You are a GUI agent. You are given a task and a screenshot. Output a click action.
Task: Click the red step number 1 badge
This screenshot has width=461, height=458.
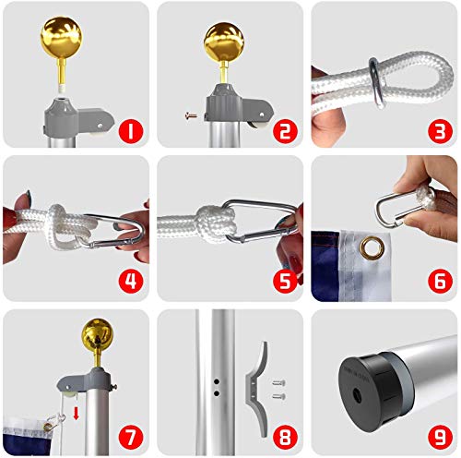(x=131, y=131)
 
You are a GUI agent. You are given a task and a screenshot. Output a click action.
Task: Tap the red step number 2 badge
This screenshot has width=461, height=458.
(x=285, y=131)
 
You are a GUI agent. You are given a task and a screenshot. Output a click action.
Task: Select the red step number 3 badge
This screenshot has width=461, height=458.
(x=440, y=131)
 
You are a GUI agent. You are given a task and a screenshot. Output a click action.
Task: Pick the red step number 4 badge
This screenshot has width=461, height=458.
(x=131, y=281)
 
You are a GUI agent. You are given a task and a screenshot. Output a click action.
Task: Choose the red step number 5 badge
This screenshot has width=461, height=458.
(x=285, y=281)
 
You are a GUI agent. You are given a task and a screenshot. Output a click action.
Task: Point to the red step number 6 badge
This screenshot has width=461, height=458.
(x=440, y=281)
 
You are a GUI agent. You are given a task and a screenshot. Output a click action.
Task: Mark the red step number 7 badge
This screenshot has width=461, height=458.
(x=131, y=437)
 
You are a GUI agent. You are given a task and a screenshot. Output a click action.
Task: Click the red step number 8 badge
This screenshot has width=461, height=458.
(x=285, y=437)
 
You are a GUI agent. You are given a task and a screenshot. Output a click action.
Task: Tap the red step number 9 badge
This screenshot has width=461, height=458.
(x=440, y=437)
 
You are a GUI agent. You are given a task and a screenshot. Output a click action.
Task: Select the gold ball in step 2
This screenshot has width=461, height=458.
(x=224, y=42)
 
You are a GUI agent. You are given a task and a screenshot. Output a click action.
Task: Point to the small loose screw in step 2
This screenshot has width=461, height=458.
(x=191, y=116)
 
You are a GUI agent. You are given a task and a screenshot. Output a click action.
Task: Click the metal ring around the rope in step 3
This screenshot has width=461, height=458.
(x=378, y=82)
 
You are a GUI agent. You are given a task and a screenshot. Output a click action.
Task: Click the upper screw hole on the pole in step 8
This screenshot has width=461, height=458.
(x=217, y=382)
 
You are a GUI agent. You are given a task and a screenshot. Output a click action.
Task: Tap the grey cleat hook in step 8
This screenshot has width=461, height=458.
(x=256, y=389)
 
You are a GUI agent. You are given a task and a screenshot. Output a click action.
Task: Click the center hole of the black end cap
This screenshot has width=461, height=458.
(x=357, y=395)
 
